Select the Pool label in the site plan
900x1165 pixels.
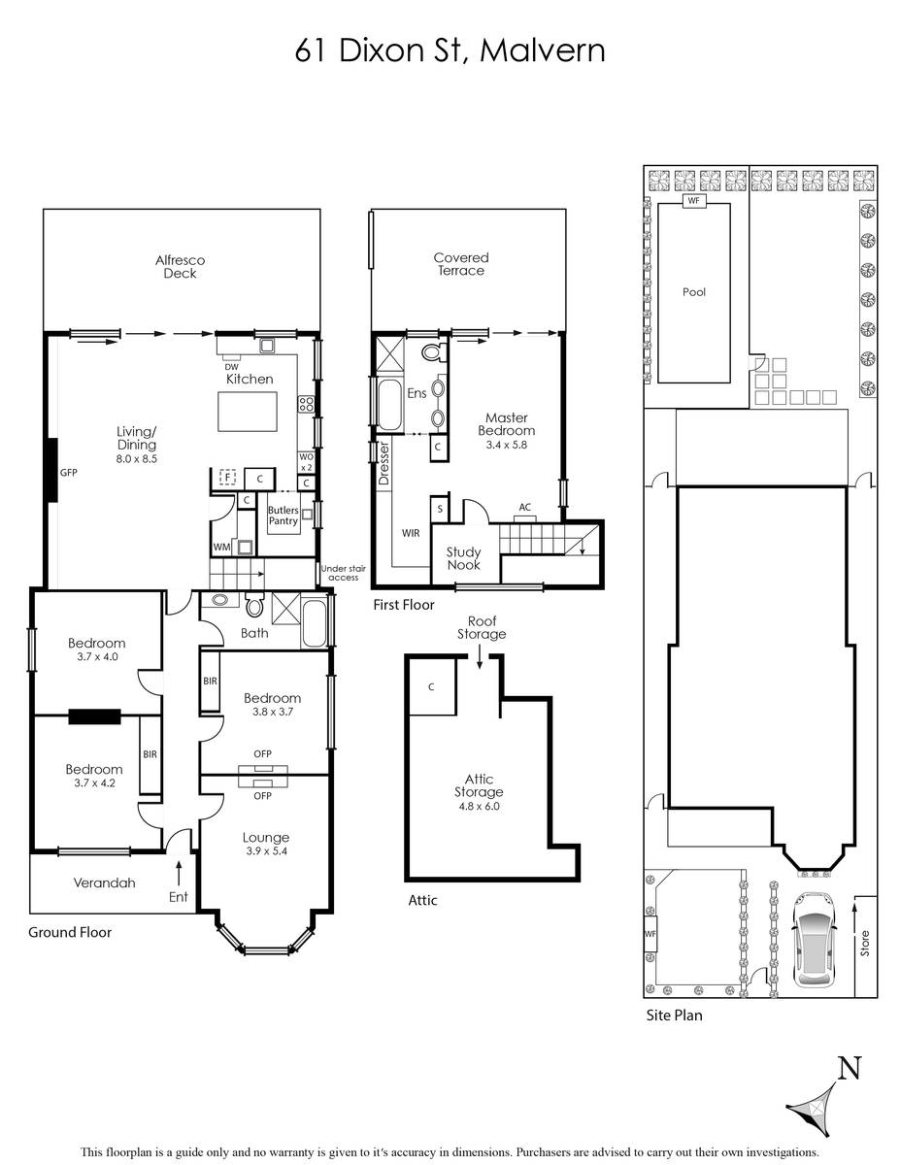tap(693, 292)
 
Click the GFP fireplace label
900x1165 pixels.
tap(69, 473)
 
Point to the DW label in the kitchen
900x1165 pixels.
tap(232, 367)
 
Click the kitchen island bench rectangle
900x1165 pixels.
tap(248, 412)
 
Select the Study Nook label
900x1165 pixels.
tap(464, 558)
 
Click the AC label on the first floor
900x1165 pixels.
tap(525, 507)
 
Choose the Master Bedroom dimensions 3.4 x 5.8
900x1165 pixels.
tap(507, 445)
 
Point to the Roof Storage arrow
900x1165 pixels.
tap(480, 656)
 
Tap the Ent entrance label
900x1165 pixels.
tap(179, 897)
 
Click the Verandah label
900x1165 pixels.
tap(104, 882)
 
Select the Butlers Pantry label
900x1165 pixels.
tap(283, 516)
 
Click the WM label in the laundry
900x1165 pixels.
tap(221, 548)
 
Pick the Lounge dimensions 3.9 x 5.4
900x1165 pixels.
tap(266, 850)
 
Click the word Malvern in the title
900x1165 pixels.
tap(543, 50)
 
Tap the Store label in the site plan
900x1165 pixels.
tap(864, 944)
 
